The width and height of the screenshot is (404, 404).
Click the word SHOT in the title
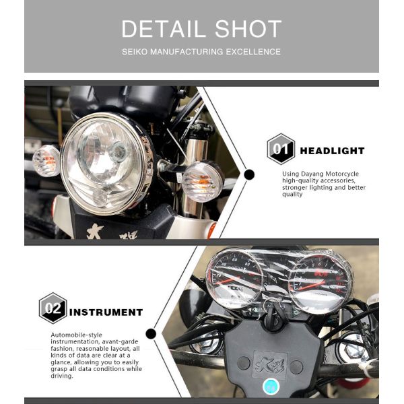[x=248, y=28]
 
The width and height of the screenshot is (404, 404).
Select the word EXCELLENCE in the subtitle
[x=253, y=52]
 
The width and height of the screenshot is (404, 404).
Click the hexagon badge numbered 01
[x=281, y=149]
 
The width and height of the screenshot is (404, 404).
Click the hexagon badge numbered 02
[x=53, y=308]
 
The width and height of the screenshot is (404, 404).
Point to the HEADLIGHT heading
[x=333, y=151]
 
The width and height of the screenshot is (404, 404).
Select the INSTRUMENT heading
[x=106, y=312]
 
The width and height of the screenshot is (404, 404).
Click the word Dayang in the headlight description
[x=312, y=174]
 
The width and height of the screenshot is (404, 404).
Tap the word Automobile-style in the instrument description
[x=76, y=335]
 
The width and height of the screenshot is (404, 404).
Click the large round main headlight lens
[x=106, y=164]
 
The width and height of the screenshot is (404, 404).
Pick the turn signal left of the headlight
[x=46, y=160]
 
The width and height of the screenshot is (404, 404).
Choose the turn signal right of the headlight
[x=202, y=181]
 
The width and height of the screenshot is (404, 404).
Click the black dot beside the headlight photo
[x=249, y=174]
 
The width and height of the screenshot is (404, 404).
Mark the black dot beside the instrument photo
[x=151, y=334]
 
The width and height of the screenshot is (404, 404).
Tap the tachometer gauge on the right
[x=320, y=283]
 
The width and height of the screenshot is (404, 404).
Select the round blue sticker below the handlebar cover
[x=271, y=386]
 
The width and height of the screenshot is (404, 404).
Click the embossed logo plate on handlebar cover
[x=270, y=365]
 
